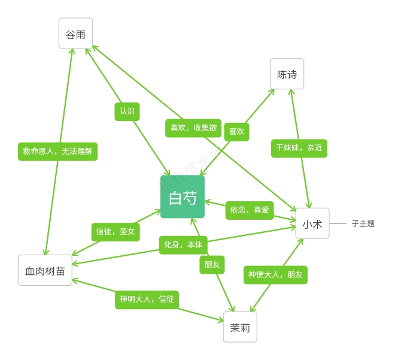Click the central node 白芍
coord(183,197)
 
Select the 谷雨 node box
coord(75,34)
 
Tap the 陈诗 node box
coord(287,74)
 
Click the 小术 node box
coord(312,223)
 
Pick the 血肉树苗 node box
coord(45,270)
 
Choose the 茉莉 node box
coord(240,327)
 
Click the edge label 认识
coord(127,111)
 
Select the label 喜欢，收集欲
coord(193,128)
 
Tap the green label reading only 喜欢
coord(236,132)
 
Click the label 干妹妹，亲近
coord(299,148)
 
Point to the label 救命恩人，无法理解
coord(57,152)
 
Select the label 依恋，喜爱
coord(250,210)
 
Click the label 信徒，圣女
coord(116,232)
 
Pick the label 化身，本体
coord(183,245)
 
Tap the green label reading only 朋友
coord(212,265)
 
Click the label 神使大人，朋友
coord(275,275)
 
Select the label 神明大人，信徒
coord(147,300)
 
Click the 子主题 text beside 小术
coord(363,224)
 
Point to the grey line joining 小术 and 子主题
coord(338,223)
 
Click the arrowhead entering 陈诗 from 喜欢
coord(272,91)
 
